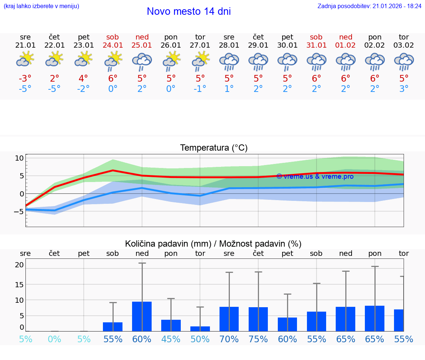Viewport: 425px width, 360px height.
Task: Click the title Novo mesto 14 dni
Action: pyautogui.click(x=189, y=11)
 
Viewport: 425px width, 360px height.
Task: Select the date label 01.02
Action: pyautogui.click(x=346, y=45)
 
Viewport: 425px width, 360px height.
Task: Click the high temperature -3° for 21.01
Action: pyautogui.click(x=25, y=79)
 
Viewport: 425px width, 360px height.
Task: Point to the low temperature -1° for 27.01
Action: pyautogui.click(x=200, y=89)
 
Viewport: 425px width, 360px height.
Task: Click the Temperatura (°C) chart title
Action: pyautogui.click(x=214, y=148)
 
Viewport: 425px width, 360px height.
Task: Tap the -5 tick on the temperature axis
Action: pyautogui.click(x=19, y=212)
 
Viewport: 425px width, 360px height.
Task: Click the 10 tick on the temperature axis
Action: pyautogui.click(x=20, y=158)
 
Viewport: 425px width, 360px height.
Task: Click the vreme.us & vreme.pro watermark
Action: pyautogui.click(x=315, y=176)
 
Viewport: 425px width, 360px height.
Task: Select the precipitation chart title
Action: pyautogui.click(x=213, y=244)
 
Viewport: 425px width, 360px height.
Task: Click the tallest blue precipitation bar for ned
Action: pyautogui.click(x=142, y=316)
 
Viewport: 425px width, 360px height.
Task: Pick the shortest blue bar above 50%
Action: pyautogui.click(x=200, y=329)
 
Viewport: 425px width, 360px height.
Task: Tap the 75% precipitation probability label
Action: pyautogui.click(x=258, y=339)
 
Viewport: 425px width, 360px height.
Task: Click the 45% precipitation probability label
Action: pyautogui.click(x=171, y=339)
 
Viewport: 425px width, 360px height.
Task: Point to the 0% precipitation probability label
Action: pyautogui.click(x=55, y=339)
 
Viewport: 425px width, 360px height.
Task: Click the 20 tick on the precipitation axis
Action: pyautogui.click(x=20, y=265)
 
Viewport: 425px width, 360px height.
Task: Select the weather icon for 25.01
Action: pyautogui.click(x=142, y=61)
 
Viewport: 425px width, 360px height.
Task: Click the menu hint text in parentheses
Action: pyautogui.click(x=41, y=6)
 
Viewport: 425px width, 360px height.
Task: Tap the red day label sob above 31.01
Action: pyautogui.click(x=316, y=37)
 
